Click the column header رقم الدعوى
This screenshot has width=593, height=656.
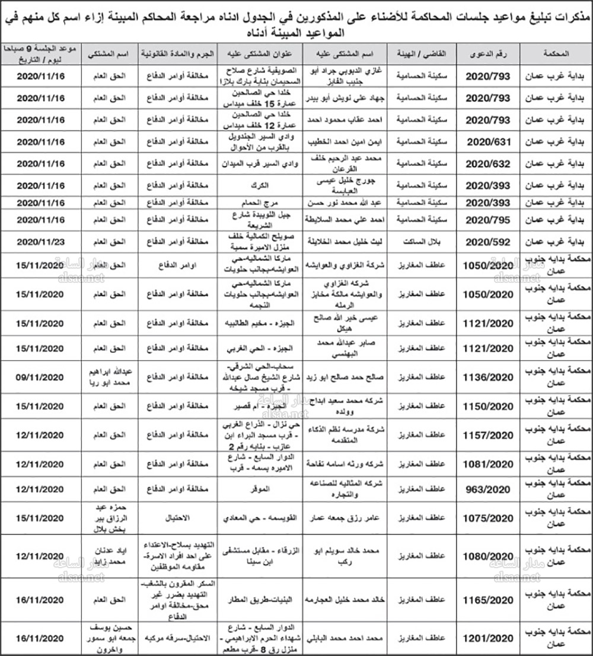(x=487, y=53)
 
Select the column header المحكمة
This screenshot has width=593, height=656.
(x=556, y=53)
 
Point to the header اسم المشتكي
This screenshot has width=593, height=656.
(x=110, y=53)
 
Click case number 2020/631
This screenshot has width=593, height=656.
(x=487, y=142)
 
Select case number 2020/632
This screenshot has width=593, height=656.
(x=487, y=163)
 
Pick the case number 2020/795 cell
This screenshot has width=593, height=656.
(x=487, y=220)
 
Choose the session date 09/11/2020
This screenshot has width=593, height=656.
(x=40, y=377)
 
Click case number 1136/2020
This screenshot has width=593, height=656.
(x=487, y=377)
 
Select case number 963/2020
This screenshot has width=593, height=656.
(x=487, y=489)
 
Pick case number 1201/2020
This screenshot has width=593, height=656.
(x=487, y=638)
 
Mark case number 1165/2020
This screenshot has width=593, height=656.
(x=487, y=600)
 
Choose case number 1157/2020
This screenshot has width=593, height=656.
(x=487, y=435)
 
